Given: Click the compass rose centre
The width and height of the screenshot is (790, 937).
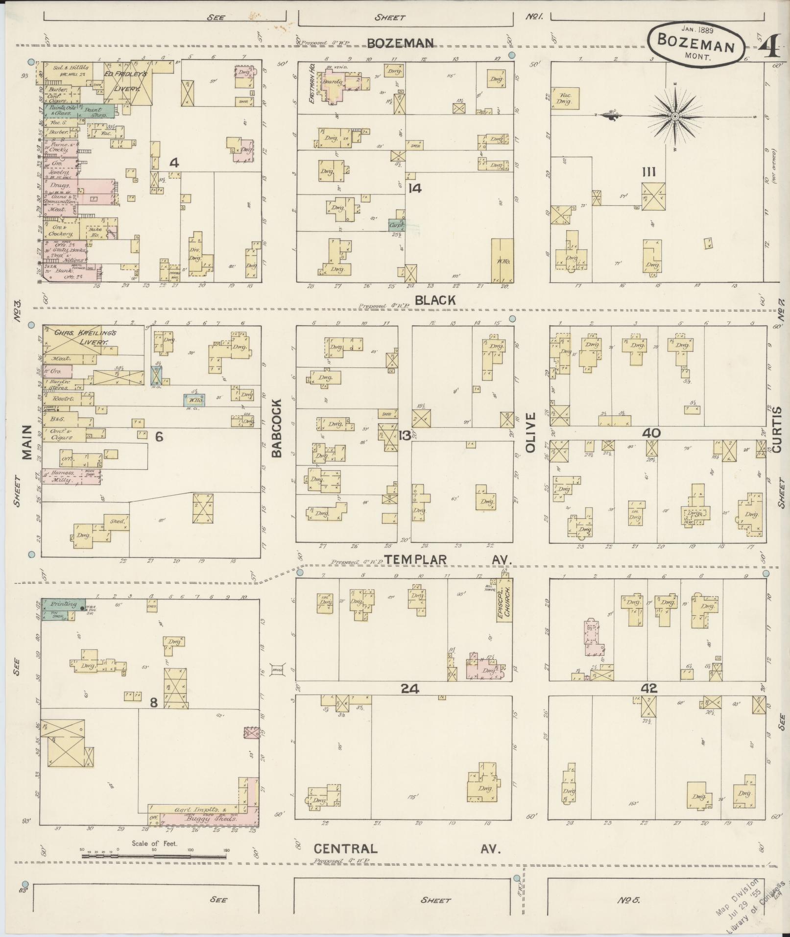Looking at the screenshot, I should point(675,116).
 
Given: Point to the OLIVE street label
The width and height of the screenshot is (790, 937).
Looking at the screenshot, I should point(531,432).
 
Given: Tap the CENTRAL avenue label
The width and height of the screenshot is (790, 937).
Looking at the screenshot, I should point(346,848).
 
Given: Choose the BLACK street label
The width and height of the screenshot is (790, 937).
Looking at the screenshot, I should point(435,300).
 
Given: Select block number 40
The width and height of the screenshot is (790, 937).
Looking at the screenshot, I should point(652,433).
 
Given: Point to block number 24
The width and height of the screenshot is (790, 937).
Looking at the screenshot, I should point(409,688).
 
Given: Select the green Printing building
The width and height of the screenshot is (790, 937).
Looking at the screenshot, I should point(63,604).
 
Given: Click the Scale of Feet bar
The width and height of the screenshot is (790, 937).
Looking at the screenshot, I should point(154,857).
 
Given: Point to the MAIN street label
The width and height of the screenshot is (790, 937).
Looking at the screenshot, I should point(26,442).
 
